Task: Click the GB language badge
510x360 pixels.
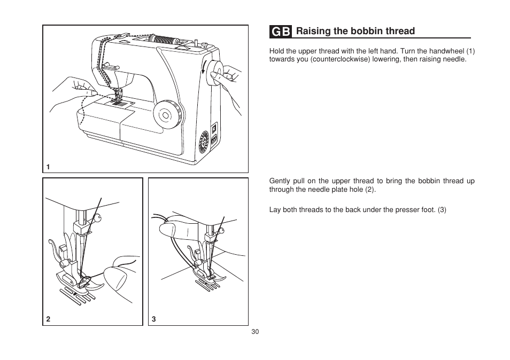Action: coord(280,32)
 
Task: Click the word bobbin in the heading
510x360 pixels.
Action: coord(362,31)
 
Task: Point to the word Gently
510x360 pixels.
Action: coord(280,181)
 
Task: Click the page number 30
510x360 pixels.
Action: coord(255,331)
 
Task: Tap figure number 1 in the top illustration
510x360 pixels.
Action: coord(48,167)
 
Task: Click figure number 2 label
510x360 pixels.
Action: coord(48,319)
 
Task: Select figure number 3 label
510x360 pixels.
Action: coord(154,319)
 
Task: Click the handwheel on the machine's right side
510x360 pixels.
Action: coord(215,73)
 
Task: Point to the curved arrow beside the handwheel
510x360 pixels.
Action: coord(204,67)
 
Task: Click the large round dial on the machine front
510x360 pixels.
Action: coord(166,114)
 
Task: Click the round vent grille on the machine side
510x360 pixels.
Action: coord(204,142)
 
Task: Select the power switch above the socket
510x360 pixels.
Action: coord(214,129)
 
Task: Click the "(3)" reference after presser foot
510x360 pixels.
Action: coord(442,210)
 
